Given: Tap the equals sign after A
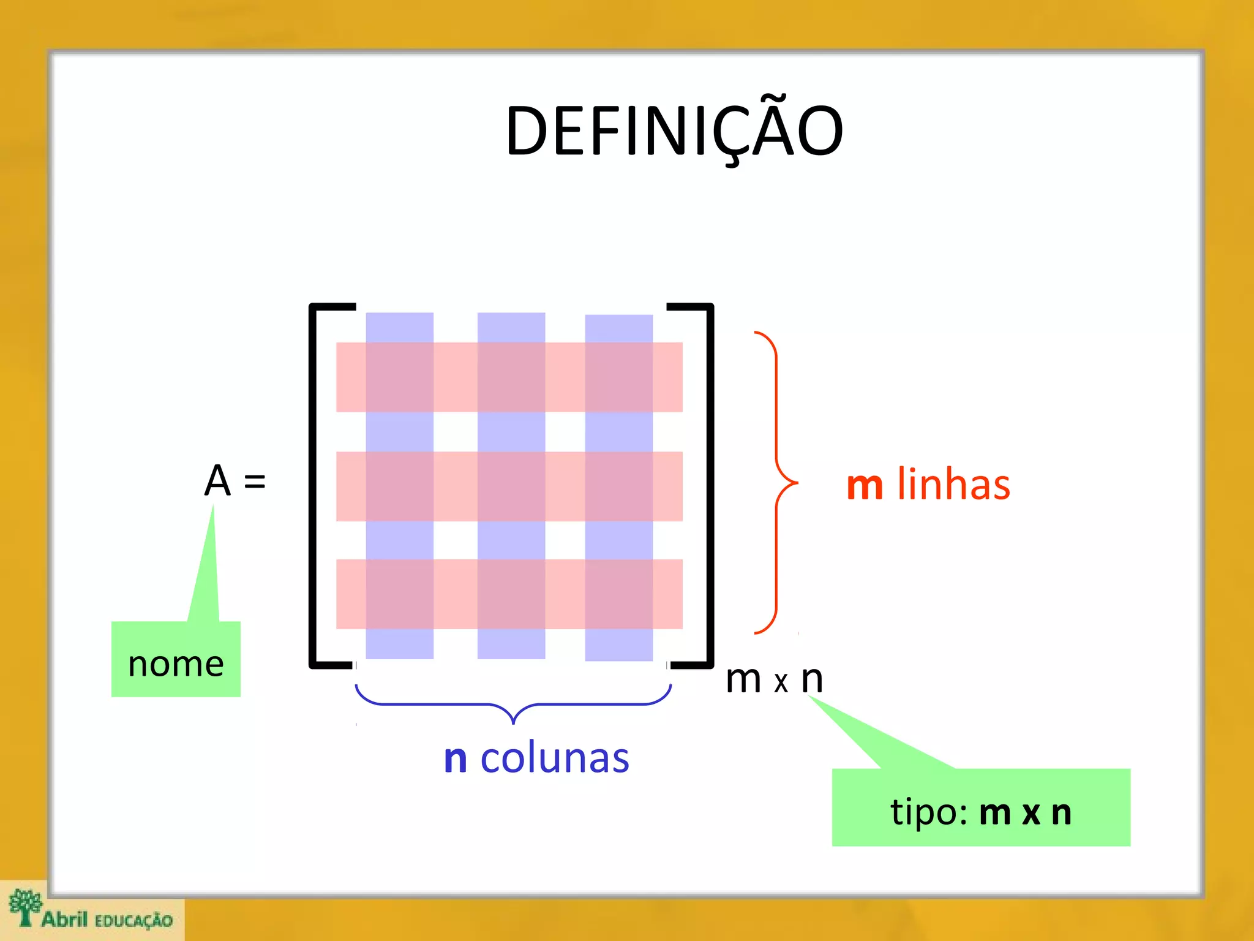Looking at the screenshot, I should coord(255,482).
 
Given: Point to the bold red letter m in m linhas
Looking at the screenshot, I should coord(865,486).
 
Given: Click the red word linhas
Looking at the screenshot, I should coord(953,485).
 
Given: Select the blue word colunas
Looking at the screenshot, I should coord(555,758).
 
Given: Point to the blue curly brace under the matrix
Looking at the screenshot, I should coord(513,705).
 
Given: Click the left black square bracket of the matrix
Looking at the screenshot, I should coord(313,484).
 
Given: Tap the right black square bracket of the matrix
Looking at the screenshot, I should coord(710,484).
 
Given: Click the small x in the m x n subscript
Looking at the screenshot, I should coord(781,682).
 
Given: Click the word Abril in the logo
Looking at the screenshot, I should coord(65,918).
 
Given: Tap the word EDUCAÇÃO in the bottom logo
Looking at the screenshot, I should coord(133,920).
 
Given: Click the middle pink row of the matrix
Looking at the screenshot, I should coord(456,486).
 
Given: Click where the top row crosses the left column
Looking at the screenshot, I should coord(400,377).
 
